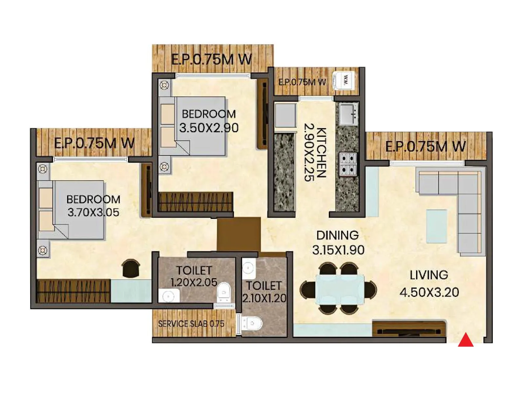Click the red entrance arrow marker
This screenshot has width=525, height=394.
coord(466,340)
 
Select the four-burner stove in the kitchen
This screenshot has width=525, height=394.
coord(347,164)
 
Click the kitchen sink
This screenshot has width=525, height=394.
coord(348,114)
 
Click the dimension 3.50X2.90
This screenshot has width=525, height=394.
coord(209,128)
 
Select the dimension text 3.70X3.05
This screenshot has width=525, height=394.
coord(93,212)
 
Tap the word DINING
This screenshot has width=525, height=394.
coord(337,235)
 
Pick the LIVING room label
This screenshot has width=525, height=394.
coord(429,275)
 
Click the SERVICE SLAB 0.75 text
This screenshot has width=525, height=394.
coord(191,324)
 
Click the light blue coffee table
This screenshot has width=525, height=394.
coord(436,226)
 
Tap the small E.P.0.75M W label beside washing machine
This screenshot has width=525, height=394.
coord(302,82)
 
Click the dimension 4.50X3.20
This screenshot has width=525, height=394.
coord(429,292)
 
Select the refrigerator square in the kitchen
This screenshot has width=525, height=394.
coord(285,115)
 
